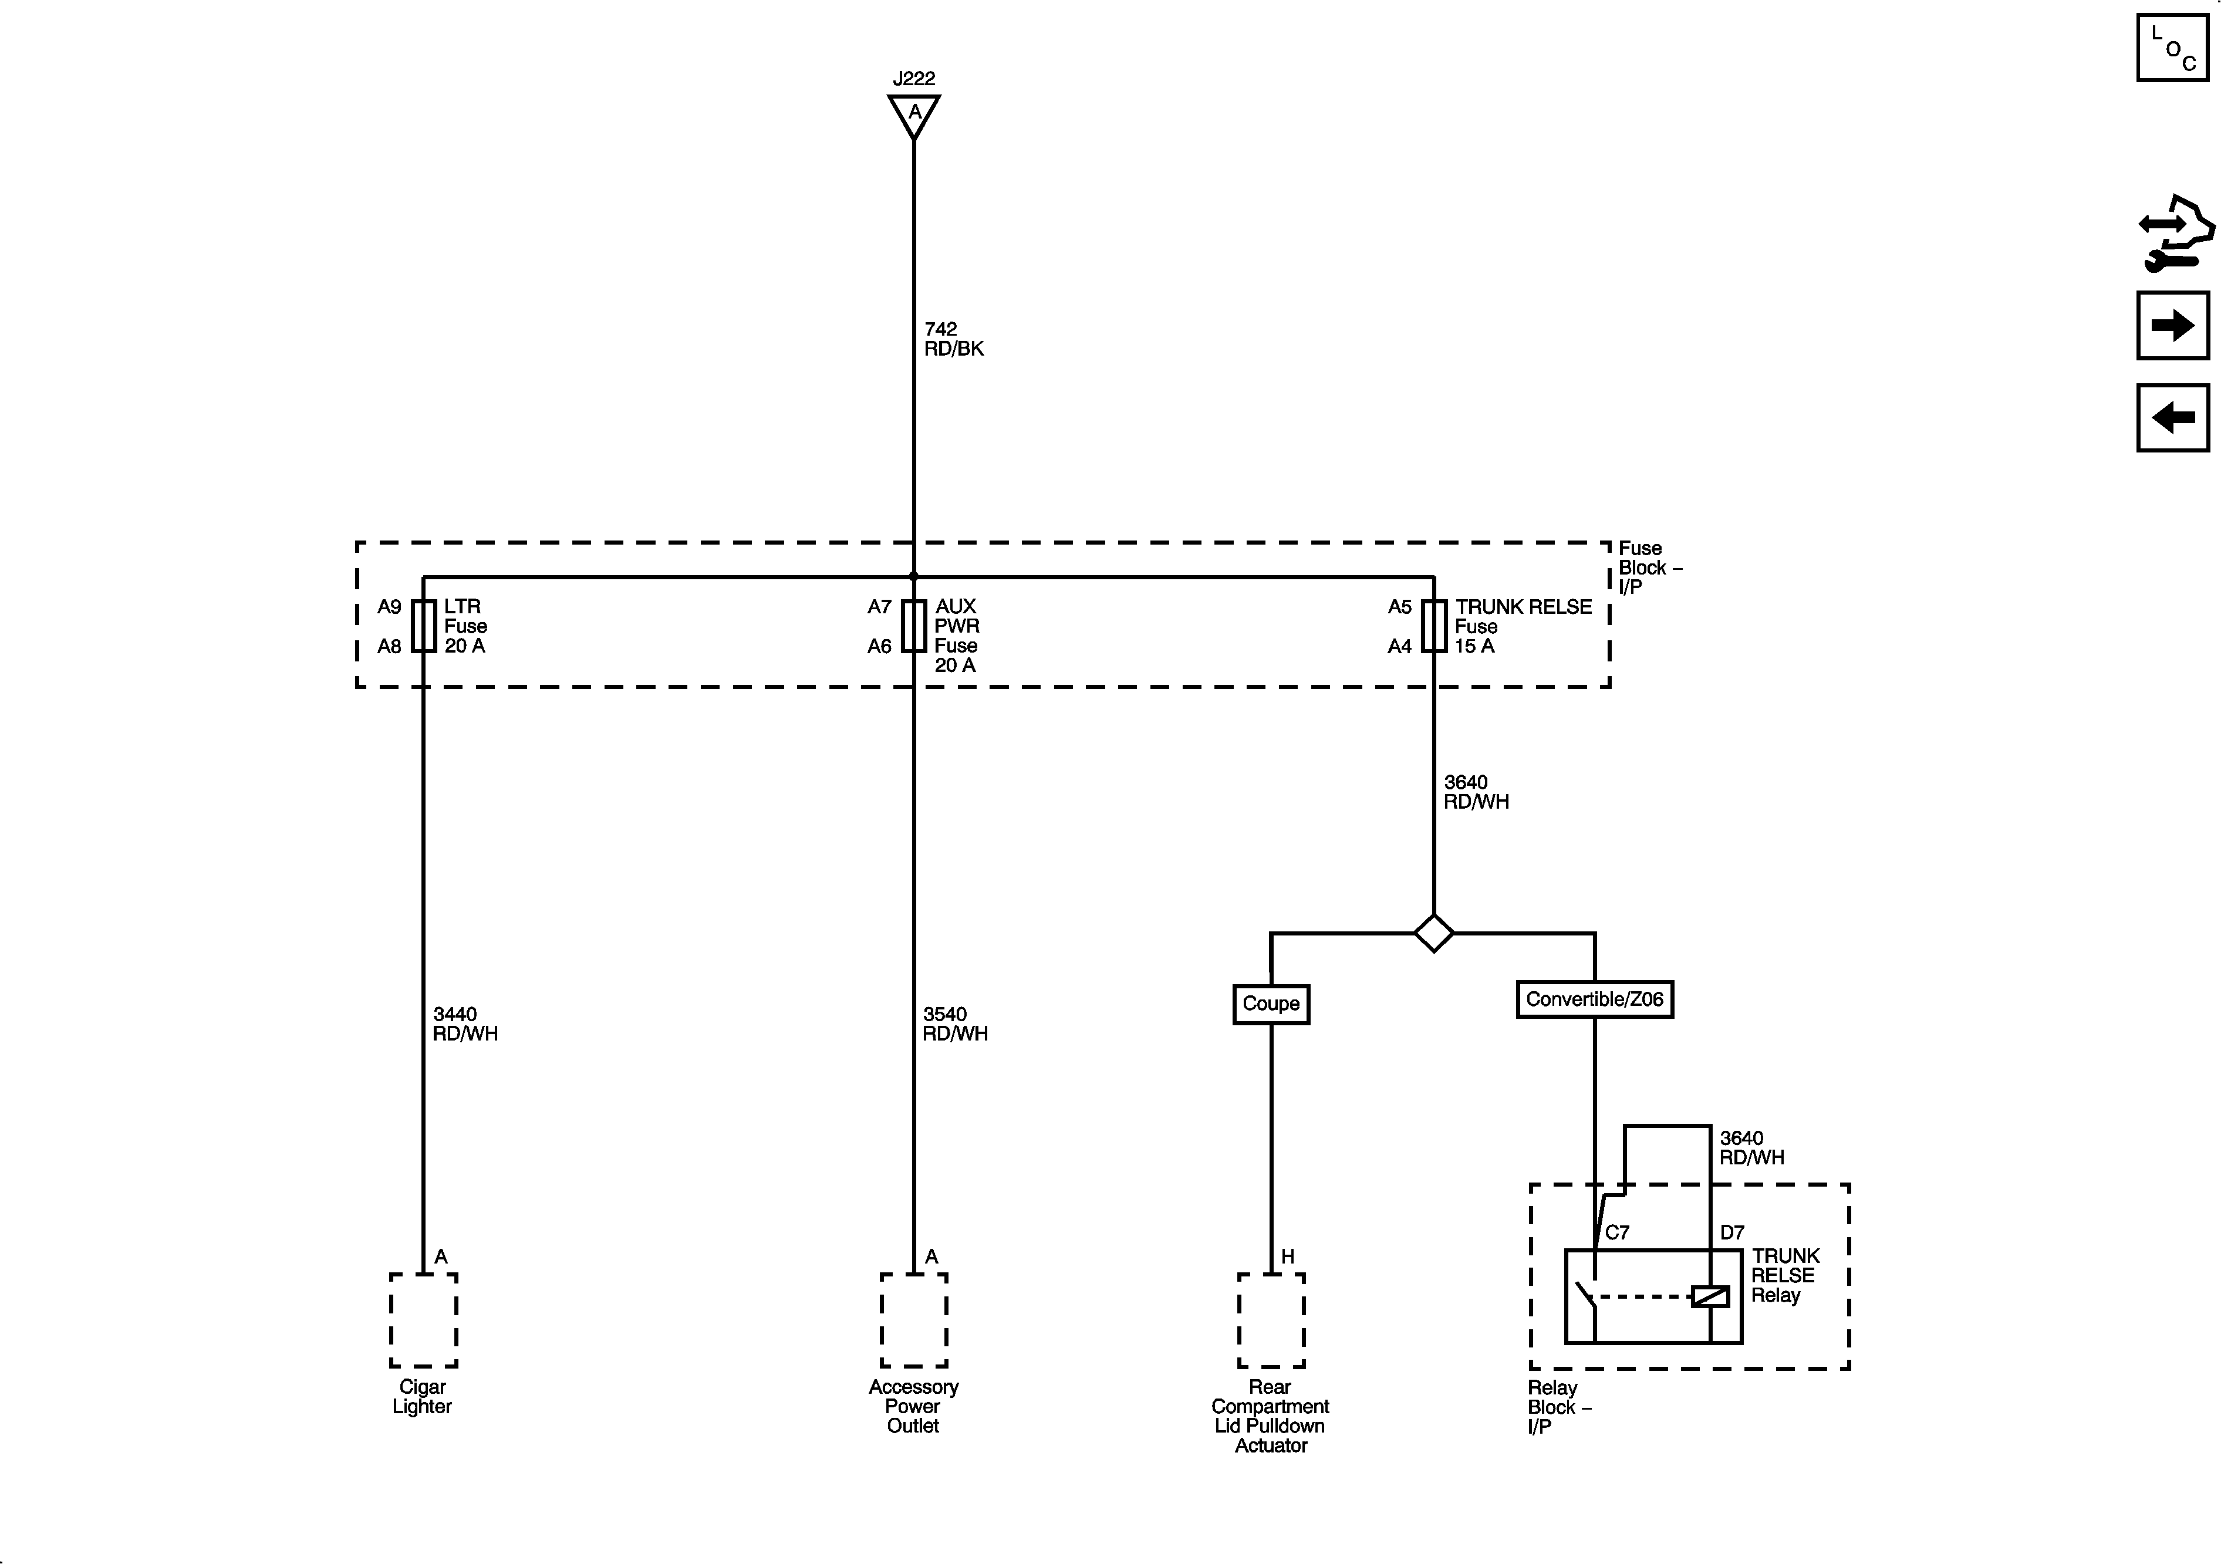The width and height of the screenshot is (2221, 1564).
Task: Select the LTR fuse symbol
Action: point(424,626)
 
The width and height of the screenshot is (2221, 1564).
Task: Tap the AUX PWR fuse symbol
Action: point(913,626)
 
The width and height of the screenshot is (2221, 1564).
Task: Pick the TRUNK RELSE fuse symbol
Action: point(1433,626)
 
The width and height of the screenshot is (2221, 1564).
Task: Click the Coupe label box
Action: point(1271,1004)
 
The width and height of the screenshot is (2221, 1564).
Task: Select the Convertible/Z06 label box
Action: point(1594,999)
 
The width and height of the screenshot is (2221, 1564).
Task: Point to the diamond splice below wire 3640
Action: point(1433,933)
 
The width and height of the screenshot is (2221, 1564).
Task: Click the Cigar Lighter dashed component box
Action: point(424,1320)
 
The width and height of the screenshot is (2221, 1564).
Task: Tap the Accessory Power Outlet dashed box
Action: point(913,1320)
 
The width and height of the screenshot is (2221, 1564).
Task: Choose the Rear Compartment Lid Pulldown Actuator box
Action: point(1271,1320)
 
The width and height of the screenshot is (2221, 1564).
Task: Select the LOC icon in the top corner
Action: point(2173,48)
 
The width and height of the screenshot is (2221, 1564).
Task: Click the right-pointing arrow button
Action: point(2173,325)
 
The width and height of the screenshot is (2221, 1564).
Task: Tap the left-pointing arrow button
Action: point(2173,418)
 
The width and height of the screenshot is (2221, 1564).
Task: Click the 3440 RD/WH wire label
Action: point(464,1024)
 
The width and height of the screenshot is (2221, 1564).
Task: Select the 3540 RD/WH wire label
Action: point(955,1024)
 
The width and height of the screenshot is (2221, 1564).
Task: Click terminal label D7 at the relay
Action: point(1731,1233)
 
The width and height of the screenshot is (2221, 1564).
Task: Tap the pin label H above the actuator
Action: point(1288,1256)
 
